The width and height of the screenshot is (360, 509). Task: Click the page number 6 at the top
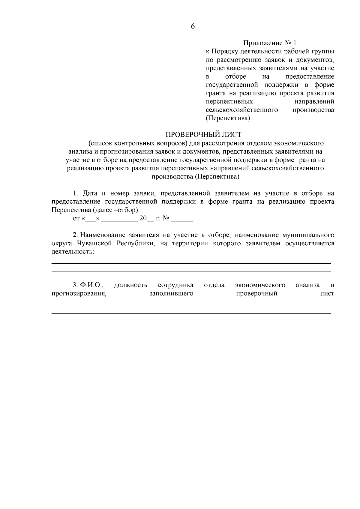point(193,26)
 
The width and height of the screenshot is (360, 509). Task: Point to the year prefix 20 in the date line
point(143,218)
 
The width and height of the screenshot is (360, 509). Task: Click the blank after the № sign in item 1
point(182,219)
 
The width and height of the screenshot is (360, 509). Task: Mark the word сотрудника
point(175,285)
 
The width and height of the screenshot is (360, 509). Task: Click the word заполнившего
point(171,293)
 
